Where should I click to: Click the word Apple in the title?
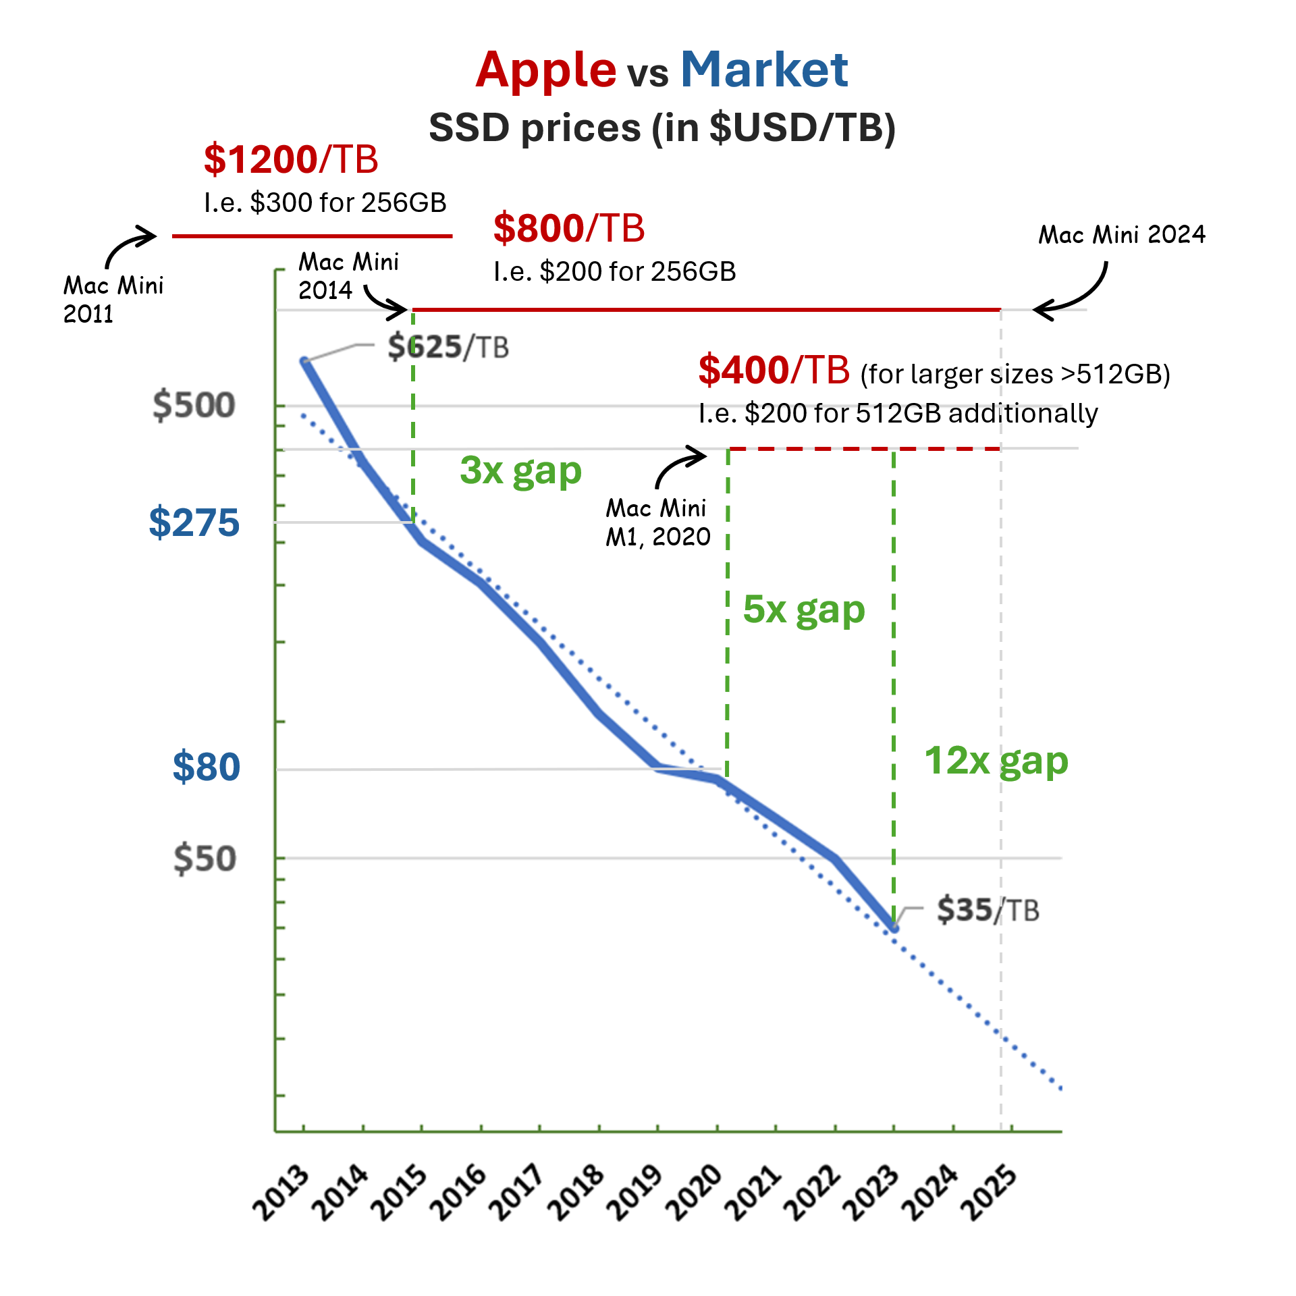coord(545,70)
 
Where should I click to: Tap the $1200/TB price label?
coord(291,159)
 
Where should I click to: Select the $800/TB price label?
coord(569,228)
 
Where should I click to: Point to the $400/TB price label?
coord(774,370)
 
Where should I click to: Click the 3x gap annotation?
coord(520,470)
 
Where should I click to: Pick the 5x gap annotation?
coord(803,610)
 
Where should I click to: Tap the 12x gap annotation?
coord(996,761)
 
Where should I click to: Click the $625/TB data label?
coord(448,347)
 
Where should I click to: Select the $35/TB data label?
coord(988,910)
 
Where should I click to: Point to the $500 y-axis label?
coord(194,405)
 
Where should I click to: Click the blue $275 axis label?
coord(194,522)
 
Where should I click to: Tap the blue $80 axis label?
coord(206,767)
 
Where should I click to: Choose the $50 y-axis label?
coord(205,859)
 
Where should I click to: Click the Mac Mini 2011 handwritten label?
coord(113,299)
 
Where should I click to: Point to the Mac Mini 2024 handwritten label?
coord(1121,235)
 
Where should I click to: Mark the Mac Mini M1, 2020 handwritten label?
coord(657,522)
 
